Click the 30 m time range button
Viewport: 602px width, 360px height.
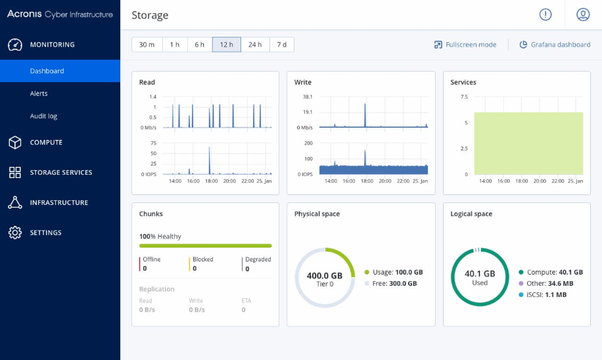pos(147,45)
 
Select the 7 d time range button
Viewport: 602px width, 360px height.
pos(281,45)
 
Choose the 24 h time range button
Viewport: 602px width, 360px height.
pos(255,45)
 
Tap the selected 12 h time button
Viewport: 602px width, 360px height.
pos(226,45)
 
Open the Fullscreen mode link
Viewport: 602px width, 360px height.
pos(465,45)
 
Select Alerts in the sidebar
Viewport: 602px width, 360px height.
pos(39,93)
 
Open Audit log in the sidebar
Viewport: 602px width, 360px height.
pos(43,116)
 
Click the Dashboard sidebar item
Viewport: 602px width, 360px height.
pos(47,71)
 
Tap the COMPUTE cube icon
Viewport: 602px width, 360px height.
pos(15,143)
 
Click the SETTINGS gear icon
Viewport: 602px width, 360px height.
pos(15,233)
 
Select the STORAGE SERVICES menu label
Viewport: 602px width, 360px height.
pos(61,173)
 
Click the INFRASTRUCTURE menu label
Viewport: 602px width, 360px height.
pos(59,203)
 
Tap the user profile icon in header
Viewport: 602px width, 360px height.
pos(582,14)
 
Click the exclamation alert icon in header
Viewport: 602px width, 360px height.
pos(545,14)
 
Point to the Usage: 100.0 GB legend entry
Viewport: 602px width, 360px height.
pos(393,272)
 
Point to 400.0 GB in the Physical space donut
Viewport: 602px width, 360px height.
pos(324,276)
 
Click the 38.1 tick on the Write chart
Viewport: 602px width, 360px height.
pos(306,97)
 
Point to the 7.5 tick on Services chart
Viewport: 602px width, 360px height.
pos(463,97)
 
